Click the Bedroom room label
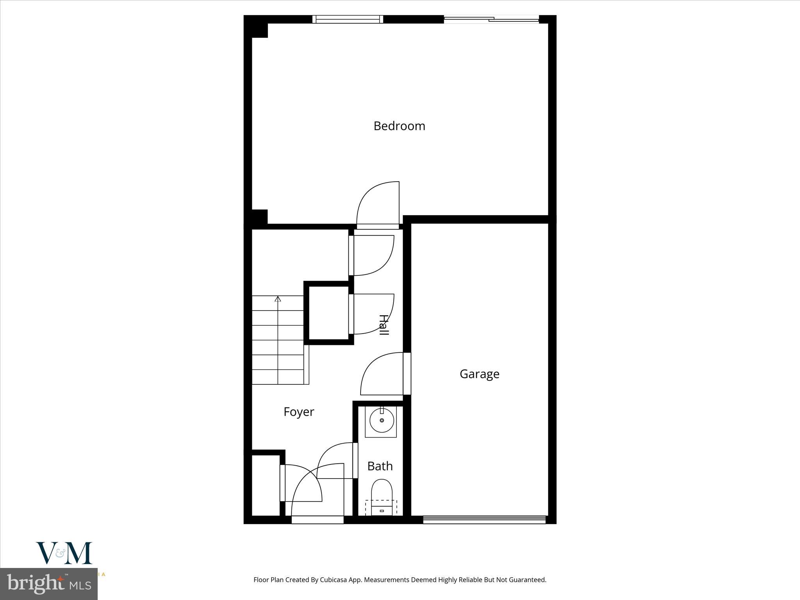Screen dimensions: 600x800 coord(399,126)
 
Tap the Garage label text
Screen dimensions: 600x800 coord(479,374)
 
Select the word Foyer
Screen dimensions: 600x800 coord(298,412)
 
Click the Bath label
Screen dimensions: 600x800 coord(380,466)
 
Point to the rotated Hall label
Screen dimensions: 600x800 coord(384,325)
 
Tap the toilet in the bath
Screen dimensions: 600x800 coord(381,493)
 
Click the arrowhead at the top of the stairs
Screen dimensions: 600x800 coord(278,299)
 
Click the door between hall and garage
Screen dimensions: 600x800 coord(383,374)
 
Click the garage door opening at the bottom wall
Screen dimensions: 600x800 coord(484,520)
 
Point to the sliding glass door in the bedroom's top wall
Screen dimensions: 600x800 coord(491,19)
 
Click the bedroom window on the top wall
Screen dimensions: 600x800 coord(348,19)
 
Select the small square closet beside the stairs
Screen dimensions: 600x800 coord(329,313)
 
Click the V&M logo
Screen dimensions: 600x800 coord(64,553)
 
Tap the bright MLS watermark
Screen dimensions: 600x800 coord(49,584)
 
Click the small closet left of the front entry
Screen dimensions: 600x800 coord(266,485)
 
